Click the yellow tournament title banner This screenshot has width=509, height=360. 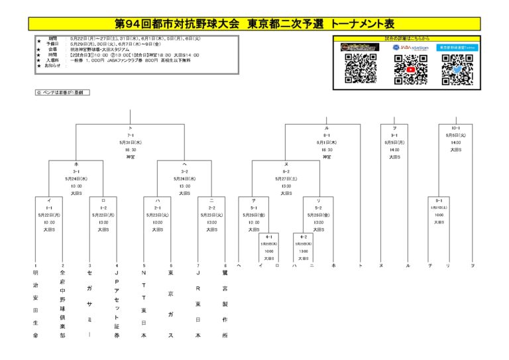[254, 24]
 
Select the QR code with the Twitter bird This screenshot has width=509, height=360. [457, 69]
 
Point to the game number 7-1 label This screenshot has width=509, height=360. [131, 135]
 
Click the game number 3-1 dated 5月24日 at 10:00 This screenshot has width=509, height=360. [76, 171]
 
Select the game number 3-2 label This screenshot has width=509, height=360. [184, 171]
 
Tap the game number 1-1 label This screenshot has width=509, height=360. [49, 208]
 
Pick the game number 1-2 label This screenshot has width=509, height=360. [103, 208]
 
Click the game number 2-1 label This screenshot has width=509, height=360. [157, 208]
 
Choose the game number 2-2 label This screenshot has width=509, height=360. [211, 208]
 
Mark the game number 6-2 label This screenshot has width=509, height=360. [286, 171]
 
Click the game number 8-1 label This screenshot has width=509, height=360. [326, 135]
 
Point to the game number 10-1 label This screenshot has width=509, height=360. [455, 128]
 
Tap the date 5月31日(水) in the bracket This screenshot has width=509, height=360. [131, 142]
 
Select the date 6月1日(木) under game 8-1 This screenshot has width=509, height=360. [326, 142]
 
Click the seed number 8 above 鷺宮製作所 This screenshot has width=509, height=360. [225, 266]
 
